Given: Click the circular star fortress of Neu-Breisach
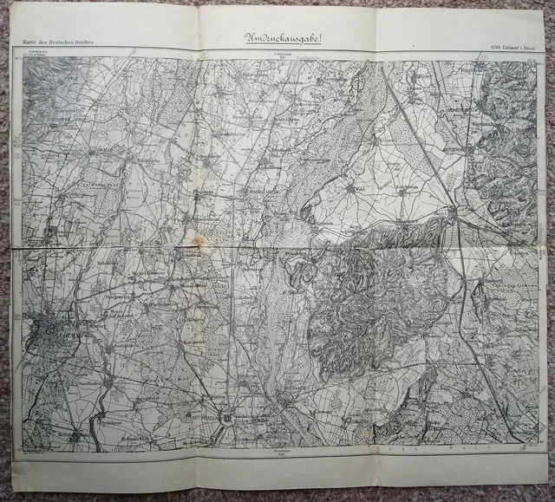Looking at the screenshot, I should pos(227,419).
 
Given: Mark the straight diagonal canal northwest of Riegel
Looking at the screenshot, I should pos(416,130).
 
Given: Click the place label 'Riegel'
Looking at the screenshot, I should pos(441,210).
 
